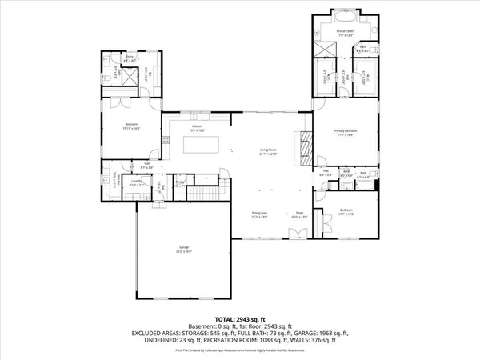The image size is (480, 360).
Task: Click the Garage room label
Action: coord(184,250)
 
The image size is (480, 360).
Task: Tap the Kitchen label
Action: coord(197,127)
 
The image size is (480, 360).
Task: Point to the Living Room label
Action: coord(268,150)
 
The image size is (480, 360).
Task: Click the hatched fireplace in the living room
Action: coord(303,147)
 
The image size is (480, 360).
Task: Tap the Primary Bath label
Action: coord(345,33)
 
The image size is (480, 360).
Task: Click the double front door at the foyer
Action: coord(296,234)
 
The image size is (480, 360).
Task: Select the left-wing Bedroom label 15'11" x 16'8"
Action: coord(130,125)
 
